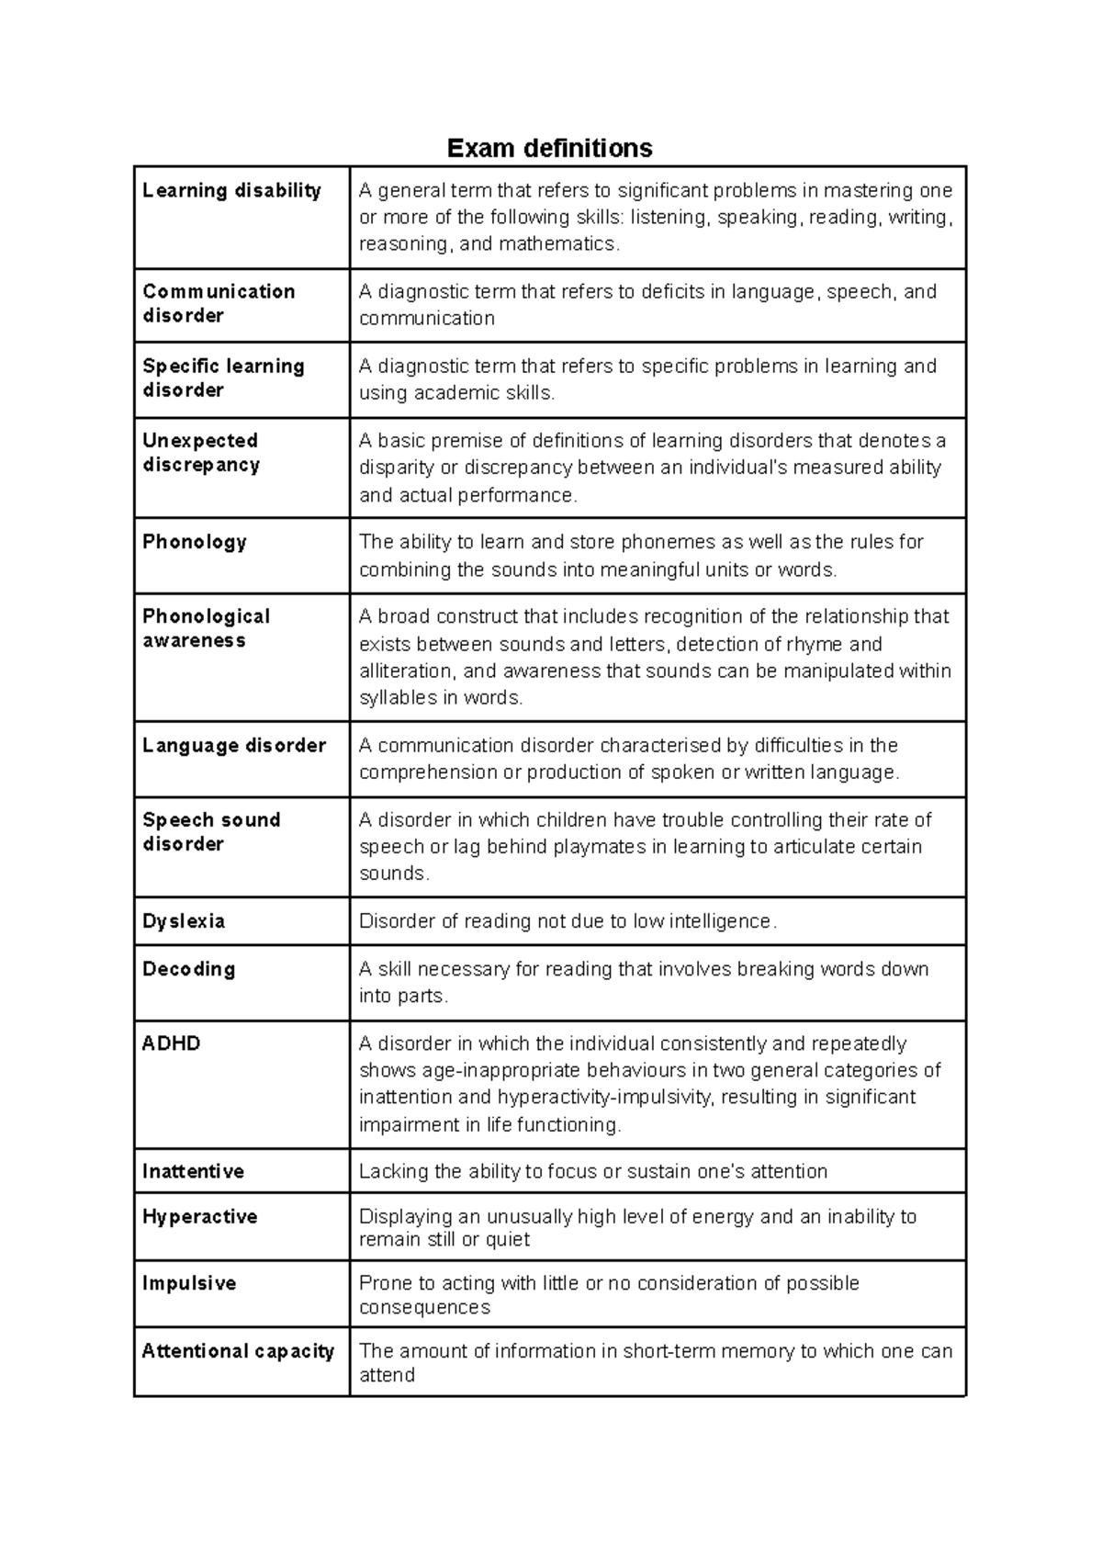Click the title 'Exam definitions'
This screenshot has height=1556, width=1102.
click(x=549, y=148)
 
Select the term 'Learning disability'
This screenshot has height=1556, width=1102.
click(x=231, y=191)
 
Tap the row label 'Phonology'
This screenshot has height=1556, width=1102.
click(x=195, y=542)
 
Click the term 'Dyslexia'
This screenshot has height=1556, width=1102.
click(x=184, y=921)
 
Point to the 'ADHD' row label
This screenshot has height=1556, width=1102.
click(x=172, y=1043)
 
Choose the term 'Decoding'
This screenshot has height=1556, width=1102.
click(x=189, y=969)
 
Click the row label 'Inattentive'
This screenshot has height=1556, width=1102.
click(x=193, y=1171)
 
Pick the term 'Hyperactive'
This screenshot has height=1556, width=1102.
click(x=199, y=1217)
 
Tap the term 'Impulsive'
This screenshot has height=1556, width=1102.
click(x=189, y=1283)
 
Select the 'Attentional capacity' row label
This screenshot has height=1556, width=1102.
click(x=238, y=1351)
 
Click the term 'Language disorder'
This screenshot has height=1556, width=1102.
click(x=234, y=746)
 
